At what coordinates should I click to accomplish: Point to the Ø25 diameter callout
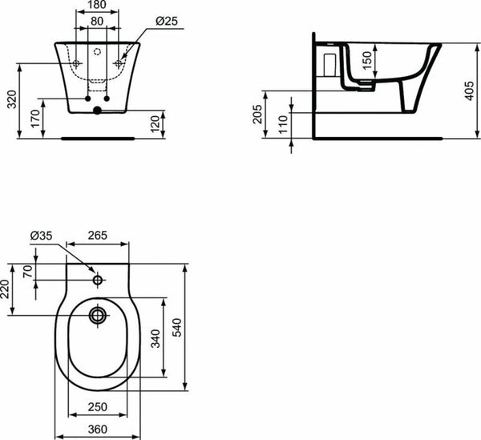[x=165, y=22]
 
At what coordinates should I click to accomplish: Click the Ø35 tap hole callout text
[x=41, y=236]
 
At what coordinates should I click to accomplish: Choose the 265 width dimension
[x=98, y=236]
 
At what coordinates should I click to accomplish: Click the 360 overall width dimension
[x=98, y=429]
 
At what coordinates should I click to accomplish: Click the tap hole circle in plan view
[x=98, y=281]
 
